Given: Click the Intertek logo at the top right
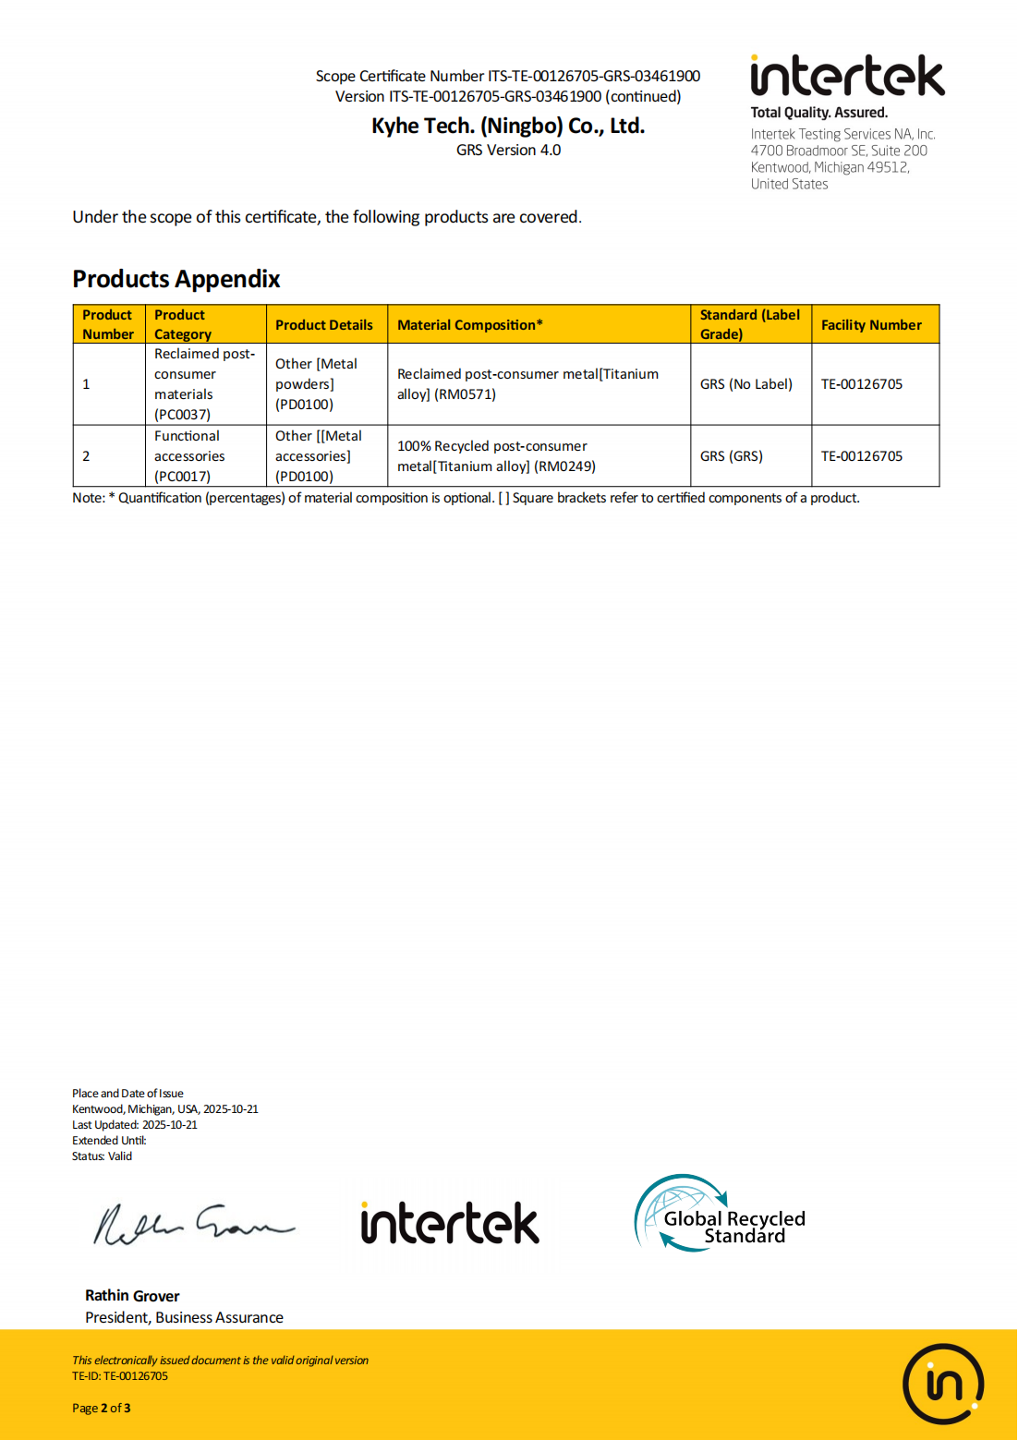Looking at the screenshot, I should point(847,77).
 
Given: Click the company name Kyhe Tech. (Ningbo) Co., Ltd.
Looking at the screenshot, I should point(508,126).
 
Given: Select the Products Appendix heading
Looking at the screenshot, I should point(176,279).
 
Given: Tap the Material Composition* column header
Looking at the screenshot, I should point(470,325).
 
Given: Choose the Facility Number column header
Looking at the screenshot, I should point(871,325).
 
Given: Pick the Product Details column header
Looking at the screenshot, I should point(324,325).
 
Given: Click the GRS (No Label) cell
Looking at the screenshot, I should point(746,384).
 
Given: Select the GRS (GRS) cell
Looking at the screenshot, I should point(732,456).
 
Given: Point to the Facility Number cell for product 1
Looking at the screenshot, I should point(862,384).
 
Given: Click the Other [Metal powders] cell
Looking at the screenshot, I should point(316,384).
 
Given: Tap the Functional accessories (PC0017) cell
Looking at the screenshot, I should point(188,456).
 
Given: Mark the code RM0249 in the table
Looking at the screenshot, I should point(565,466).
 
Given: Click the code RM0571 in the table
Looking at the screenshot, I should point(466,394).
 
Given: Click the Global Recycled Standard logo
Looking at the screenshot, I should point(721,1214).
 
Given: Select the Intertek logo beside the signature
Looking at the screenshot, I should point(450,1223).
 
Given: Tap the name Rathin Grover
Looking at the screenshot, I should point(132,1296).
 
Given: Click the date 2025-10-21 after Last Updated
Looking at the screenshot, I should point(170,1125).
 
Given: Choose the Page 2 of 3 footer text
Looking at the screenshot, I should point(102,1409).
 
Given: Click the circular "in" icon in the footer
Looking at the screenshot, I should point(943,1384).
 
